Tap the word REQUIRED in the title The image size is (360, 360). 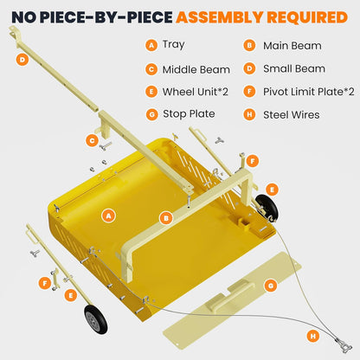tap(307, 16)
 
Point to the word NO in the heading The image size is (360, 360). tap(24, 16)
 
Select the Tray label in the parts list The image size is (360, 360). tap(173, 44)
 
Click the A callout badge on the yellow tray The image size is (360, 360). tap(108, 214)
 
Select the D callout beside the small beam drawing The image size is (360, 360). tap(22, 60)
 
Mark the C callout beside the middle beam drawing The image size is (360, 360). tap(91, 139)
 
